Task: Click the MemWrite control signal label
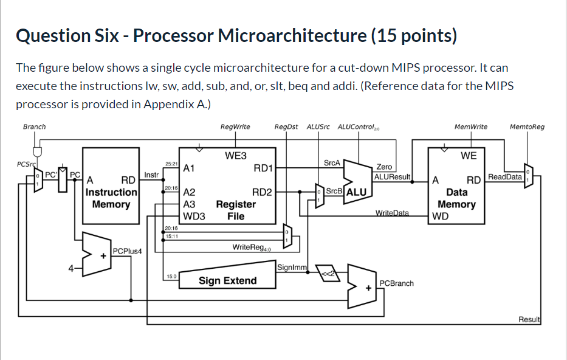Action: [x=470, y=126]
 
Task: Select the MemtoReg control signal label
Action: [x=527, y=126]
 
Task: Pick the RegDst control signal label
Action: [x=286, y=126]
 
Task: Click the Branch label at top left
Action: [x=34, y=126]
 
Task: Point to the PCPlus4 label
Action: [x=127, y=250]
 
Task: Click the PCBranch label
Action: [x=396, y=283]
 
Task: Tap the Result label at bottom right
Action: [x=529, y=319]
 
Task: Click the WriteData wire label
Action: [x=392, y=213]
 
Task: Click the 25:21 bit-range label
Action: [x=171, y=164]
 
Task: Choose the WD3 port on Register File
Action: [x=194, y=216]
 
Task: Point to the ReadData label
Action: [x=504, y=176]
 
